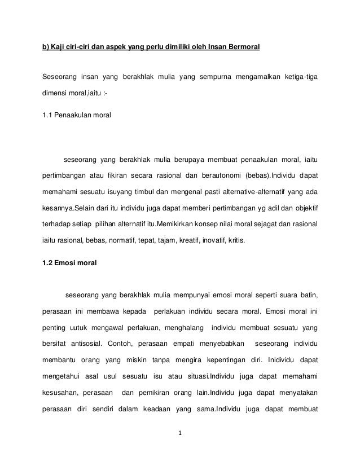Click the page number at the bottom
(179, 435)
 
